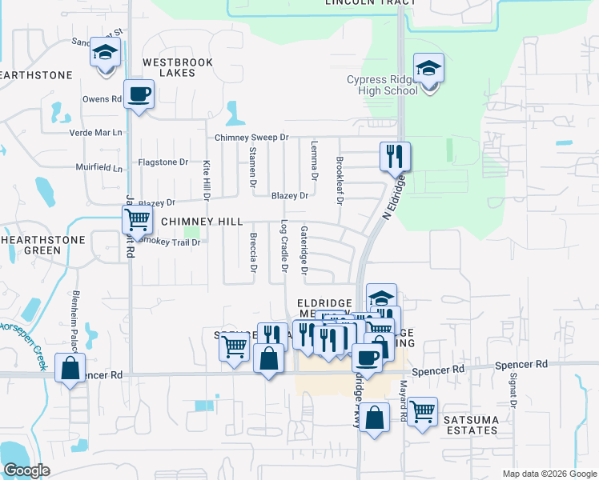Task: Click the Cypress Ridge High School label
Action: (383, 85)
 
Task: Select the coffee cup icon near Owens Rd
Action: (139, 94)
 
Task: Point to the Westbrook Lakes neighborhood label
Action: (169, 67)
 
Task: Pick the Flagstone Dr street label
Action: (163, 162)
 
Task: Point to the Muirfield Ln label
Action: (99, 169)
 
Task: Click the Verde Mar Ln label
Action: (99, 132)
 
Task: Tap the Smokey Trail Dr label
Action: (171, 240)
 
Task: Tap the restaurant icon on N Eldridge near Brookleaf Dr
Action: (394, 155)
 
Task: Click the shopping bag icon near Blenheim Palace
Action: (70, 369)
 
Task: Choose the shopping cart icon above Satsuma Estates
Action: (422, 411)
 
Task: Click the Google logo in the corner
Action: (26, 470)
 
